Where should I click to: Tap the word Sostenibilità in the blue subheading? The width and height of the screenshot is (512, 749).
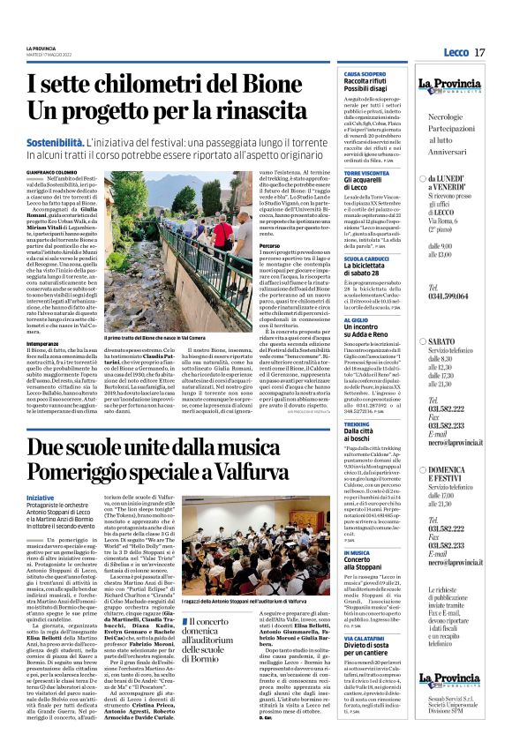(x=61, y=141)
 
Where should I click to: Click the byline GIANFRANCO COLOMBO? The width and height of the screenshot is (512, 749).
(x=49, y=172)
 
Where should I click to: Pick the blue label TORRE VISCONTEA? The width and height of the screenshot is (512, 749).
(x=365, y=172)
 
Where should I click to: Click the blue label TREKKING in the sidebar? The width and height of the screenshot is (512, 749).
(x=357, y=424)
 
